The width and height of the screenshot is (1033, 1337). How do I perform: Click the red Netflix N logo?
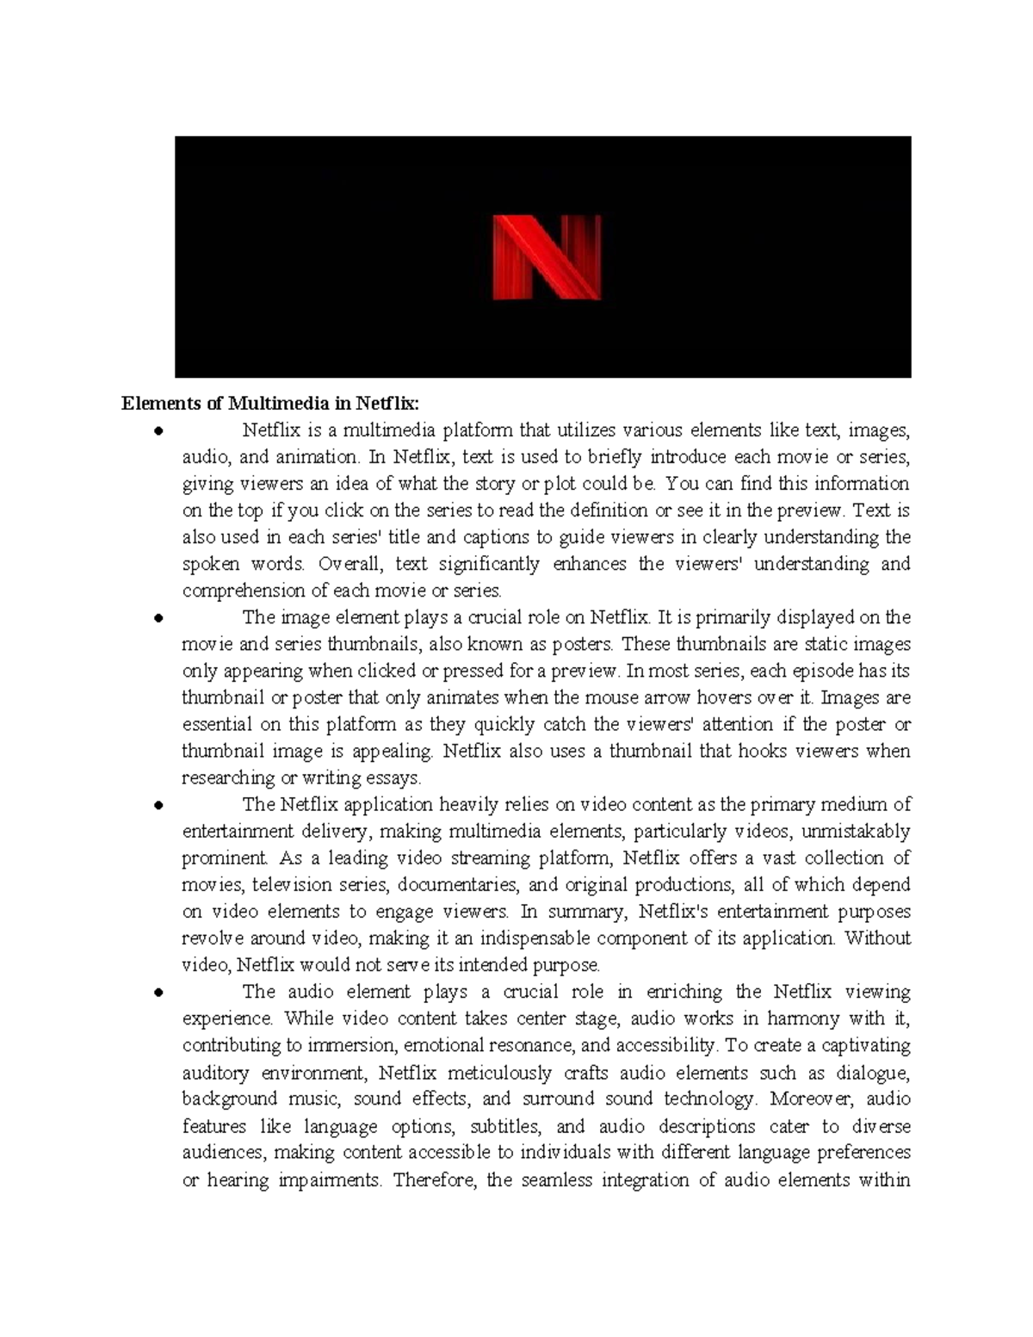tap(546, 257)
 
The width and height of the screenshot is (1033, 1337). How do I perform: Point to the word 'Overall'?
tap(347, 564)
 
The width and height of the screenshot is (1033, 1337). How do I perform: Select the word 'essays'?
tap(395, 777)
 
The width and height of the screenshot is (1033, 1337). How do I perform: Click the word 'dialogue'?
tap(874, 1073)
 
